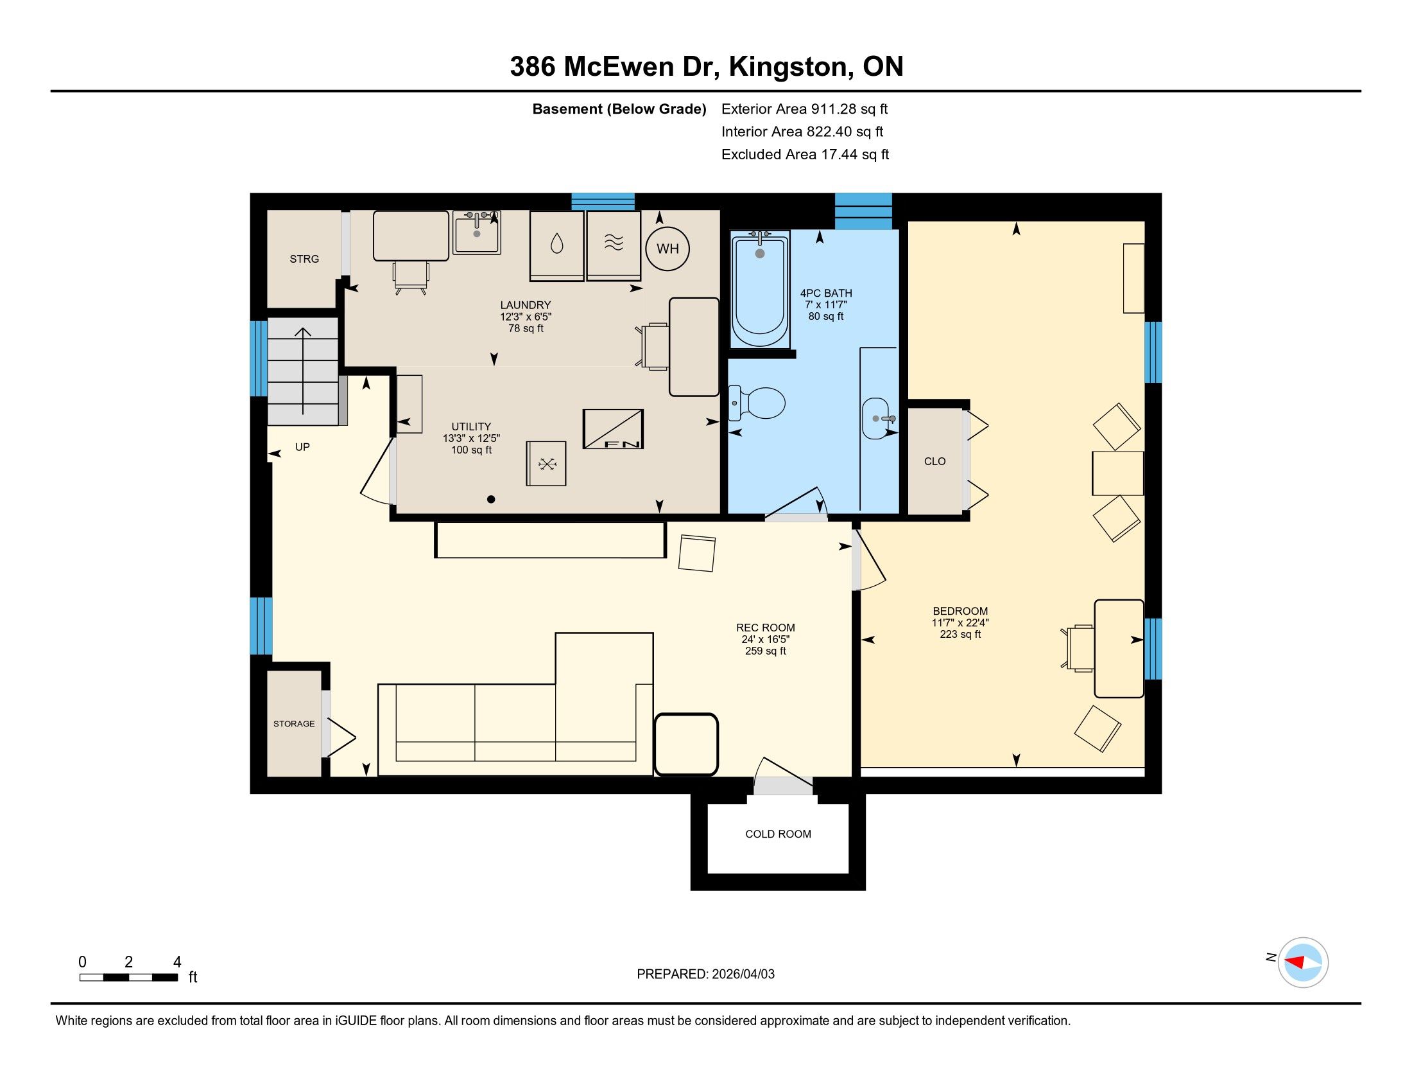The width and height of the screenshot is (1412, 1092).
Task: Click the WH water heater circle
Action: pyautogui.click(x=668, y=249)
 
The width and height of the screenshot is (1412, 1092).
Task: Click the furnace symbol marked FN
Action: pyautogui.click(x=613, y=429)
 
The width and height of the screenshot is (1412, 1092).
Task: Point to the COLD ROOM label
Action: pyautogui.click(x=778, y=834)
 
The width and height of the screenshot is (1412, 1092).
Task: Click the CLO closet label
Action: pyautogui.click(x=935, y=461)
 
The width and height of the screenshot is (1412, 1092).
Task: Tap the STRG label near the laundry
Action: pyautogui.click(x=304, y=259)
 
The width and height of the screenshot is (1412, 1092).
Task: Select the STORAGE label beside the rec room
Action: pyautogui.click(x=293, y=723)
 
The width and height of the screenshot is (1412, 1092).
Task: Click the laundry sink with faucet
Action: pyautogui.click(x=476, y=233)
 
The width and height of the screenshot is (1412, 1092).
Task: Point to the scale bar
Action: pyautogui.click(x=128, y=978)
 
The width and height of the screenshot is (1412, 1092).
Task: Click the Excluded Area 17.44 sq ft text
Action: pyautogui.click(x=805, y=154)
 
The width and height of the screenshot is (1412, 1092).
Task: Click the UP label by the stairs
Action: pyautogui.click(x=302, y=447)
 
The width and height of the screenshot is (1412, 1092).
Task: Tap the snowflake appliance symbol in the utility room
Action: pyautogui.click(x=546, y=463)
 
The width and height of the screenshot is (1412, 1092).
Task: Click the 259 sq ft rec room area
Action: pyautogui.click(x=766, y=651)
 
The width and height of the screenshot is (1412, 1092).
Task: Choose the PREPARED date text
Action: pyautogui.click(x=705, y=974)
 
